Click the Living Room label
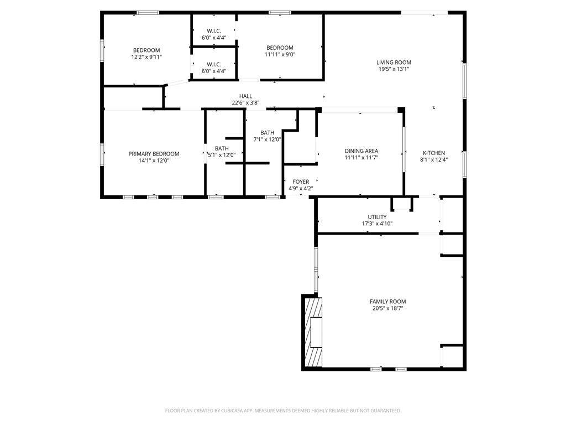pyautogui.click(x=394, y=63)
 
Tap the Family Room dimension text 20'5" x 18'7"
pyautogui.click(x=387, y=308)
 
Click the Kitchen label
pyautogui.click(x=434, y=153)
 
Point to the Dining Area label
pyautogui.click(x=361, y=151)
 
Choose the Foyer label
pyautogui.click(x=301, y=182)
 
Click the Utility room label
pyautogui.click(x=377, y=217)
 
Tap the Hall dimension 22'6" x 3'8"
pyautogui.click(x=245, y=102)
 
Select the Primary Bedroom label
pyautogui.click(x=154, y=154)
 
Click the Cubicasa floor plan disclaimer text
pyautogui.click(x=283, y=411)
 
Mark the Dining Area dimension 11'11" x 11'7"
pyautogui.click(x=361, y=158)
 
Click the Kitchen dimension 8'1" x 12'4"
pyautogui.click(x=434, y=159)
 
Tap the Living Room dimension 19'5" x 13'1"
pyautogui.click(x=394, y=69)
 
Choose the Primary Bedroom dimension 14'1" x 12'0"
pyautogui.click(x=154, y=160)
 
